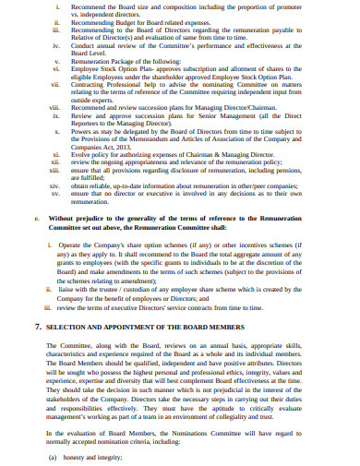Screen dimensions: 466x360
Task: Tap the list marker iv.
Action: coord(57,45)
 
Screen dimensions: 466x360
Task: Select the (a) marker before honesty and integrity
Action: coord(53,458)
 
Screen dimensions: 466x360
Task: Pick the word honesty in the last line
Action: coord(78,458)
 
